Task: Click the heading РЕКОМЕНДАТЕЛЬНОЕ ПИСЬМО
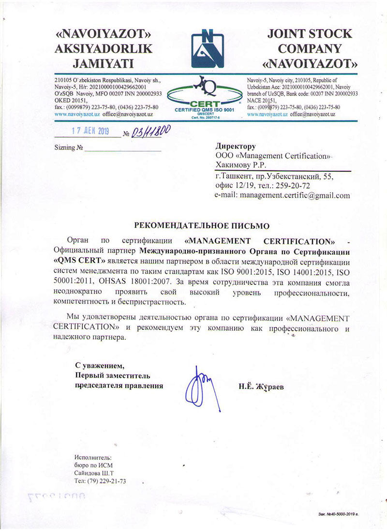click(200, 225)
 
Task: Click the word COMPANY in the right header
click(310, 49)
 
